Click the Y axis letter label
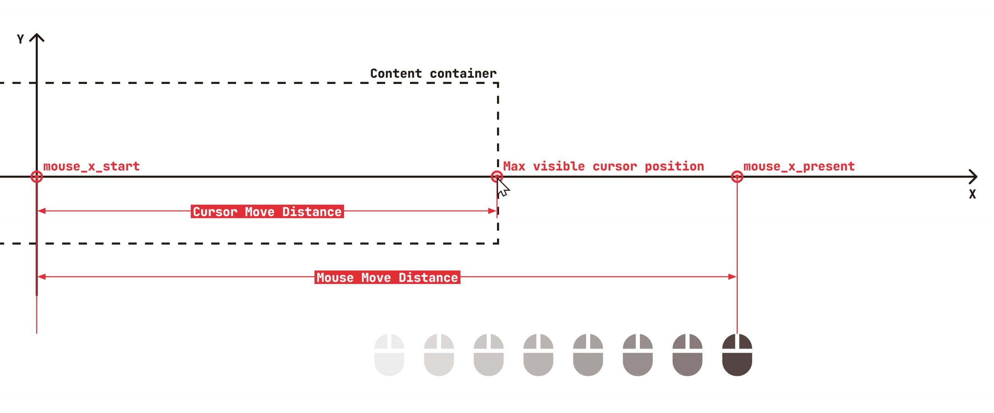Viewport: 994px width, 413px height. (x=21, y=39)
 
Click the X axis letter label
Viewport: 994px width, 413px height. (x=972, y=194)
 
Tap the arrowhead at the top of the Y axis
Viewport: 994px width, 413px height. (x=37, y=37)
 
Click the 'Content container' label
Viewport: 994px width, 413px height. (x=433, y=73)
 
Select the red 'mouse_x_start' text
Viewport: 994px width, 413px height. (x=91, y=167)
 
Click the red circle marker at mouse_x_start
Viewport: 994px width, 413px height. (x=36, y=177)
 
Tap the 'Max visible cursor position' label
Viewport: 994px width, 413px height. (x=603, y=167)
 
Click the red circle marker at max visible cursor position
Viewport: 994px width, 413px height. (x=497, y=177)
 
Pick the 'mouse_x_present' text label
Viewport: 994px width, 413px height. (x=799, y=167)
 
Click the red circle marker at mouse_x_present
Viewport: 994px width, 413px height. (x=737, y=177)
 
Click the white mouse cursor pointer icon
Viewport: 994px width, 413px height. (x=503, y=188)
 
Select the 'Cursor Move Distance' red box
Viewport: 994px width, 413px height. (x=267, y=212)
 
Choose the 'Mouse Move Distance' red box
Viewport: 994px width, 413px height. (x=387, y=277)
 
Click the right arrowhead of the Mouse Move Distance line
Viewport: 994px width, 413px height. (x=732, y=277)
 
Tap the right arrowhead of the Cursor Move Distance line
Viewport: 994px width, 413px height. (x=492, y=211)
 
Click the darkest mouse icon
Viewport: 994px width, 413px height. (x=737, y=355)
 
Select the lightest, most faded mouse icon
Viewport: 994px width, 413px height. (x=389, y=355)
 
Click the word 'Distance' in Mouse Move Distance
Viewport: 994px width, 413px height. (x=428, y=277)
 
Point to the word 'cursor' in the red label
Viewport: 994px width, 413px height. (x=615, y=167)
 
